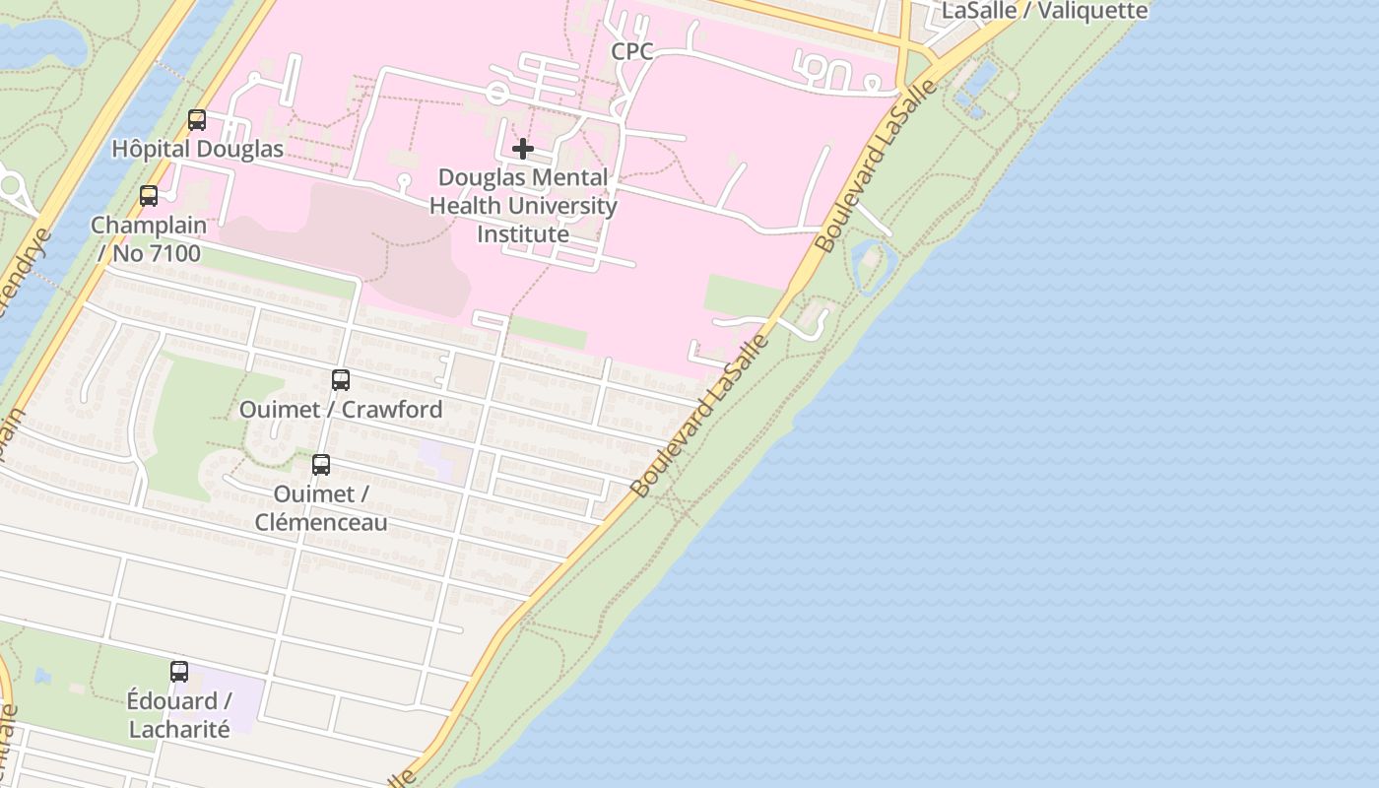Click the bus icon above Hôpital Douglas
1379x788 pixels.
pyautogui.click(x=197, y=120)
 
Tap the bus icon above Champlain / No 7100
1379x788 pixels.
pyautogui.click(x=149, y=196)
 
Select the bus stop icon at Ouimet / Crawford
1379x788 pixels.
pyautogui.click(x=341, y=380)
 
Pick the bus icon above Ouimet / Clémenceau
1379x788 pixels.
pyautogui.click(x=321, y=465)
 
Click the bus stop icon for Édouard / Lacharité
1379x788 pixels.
pyautogui.click(x=179, y=672)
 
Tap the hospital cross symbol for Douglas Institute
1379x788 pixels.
pyautogui.click(x=523, y=149)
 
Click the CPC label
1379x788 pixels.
pyautogui.click(x=632, y=51)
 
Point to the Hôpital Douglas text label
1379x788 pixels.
pyautogui.click(x=197, y=149)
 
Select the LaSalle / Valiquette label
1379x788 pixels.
pyautogui.click(x=1045, y=11)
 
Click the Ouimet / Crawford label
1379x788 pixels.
pyautogui.click(x=341, y=409)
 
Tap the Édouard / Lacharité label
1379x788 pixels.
pyautogui.click(x=179, y=715)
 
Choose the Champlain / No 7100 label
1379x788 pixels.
pyautogui.click(x=149, y=239)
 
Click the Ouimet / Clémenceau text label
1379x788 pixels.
pyautogui.click(x=321, y=507)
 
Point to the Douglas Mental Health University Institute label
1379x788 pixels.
pyautogui.click(x=523, y=206)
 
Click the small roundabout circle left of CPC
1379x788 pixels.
pyautogui.click(x=497, y=95)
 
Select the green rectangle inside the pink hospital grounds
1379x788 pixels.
pyautogui.click(x=744, y=295)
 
